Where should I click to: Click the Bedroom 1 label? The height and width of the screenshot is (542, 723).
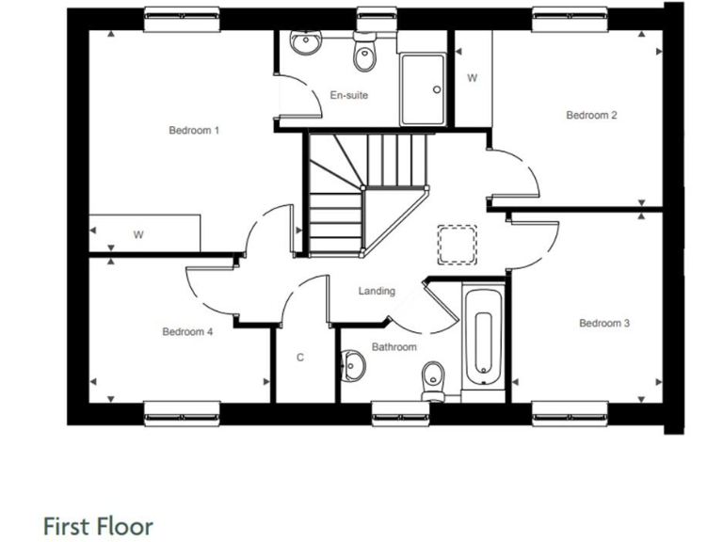pos(194,130)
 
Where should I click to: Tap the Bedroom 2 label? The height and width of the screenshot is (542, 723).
pos(591,116)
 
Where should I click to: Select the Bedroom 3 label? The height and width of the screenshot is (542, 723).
pos(604,324)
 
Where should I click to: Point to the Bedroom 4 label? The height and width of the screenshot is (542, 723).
pos(187,331)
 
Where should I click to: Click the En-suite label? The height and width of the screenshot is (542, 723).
pos(348,95)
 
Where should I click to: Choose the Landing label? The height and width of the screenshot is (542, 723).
pos(377,291)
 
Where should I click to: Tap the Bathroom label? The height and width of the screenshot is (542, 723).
pos(394,347)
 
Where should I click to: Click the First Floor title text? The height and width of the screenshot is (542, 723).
pos(98,525)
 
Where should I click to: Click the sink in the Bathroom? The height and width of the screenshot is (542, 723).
pos(353,364)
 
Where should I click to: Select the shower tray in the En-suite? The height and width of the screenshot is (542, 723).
pos(423,89)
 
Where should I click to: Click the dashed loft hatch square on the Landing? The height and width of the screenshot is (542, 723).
pos(458,245)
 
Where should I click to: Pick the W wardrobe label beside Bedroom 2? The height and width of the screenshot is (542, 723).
pos(472,78)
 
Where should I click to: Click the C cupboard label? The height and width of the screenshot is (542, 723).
pos(300,358)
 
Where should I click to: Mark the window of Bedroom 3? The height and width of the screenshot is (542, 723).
pos(570,411)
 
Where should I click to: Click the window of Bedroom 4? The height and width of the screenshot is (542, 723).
pos(182,411)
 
